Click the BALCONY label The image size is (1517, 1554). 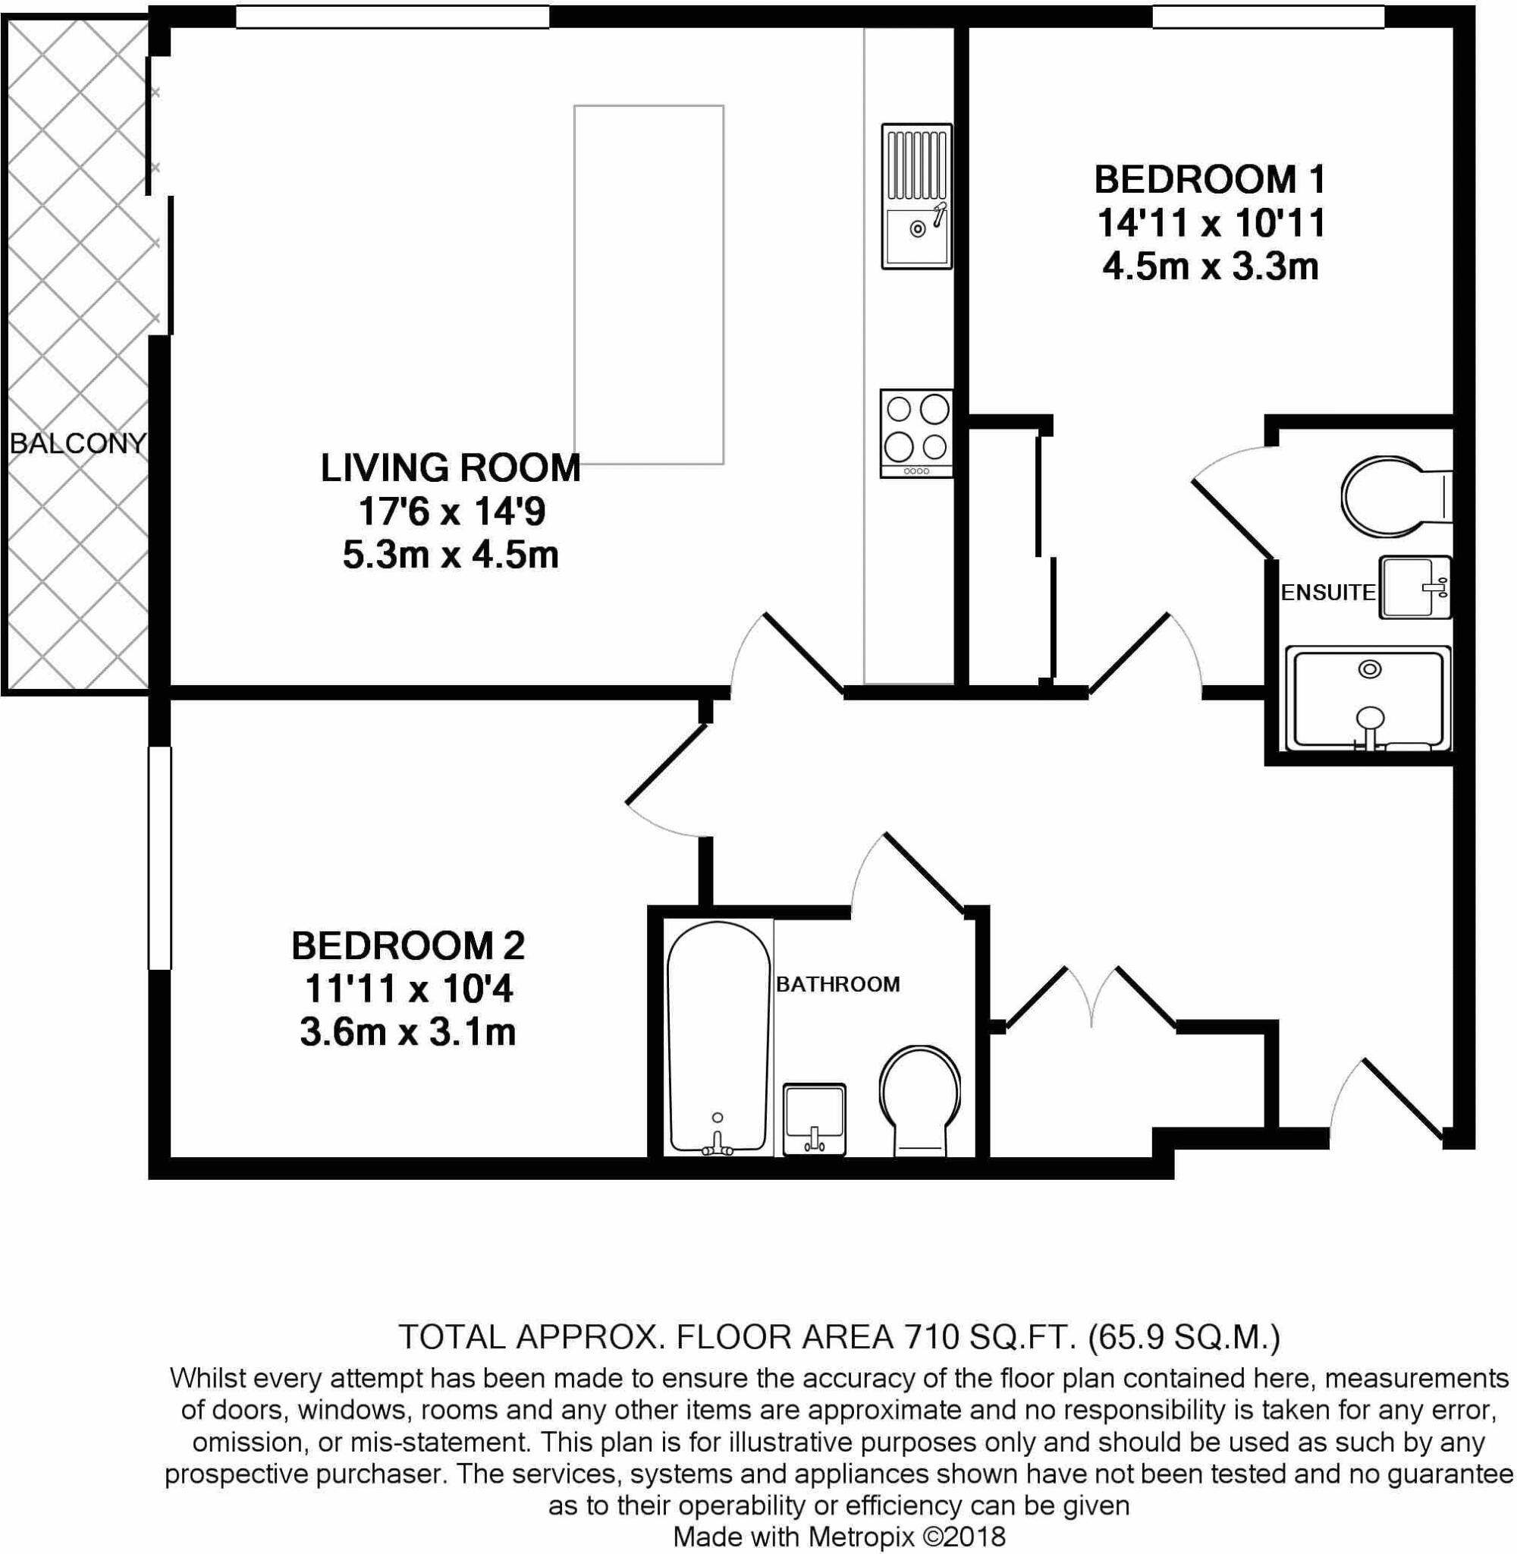coord(78,443)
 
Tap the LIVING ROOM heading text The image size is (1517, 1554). coord(450,468)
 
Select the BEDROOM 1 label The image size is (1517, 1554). coord(1210,179)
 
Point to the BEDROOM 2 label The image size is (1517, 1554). coord(408,946)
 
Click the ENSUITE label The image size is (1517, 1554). coord(1327,592)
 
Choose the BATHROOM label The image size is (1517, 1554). coord(837,984)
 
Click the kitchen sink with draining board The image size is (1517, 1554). coord(916,196)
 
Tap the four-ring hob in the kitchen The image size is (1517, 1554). coord(916,433)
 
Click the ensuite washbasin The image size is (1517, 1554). coord(1415,588)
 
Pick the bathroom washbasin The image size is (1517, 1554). coord(813,1118)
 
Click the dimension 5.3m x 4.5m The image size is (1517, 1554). coord(450,555)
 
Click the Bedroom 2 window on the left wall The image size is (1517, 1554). coord(160,857)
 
